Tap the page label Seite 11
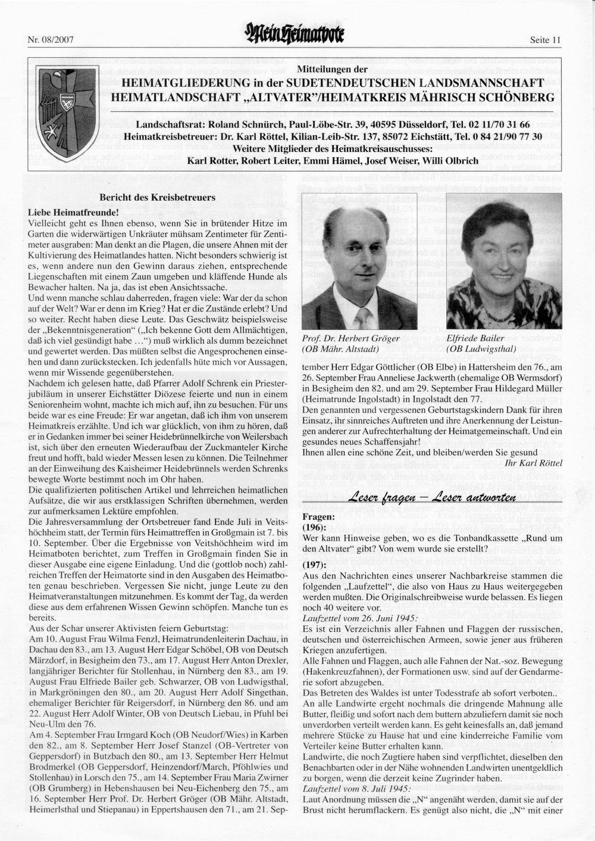[545, 41]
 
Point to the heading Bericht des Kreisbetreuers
[158, 197]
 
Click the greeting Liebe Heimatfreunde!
[74, 212]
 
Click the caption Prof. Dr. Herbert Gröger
[351, 338]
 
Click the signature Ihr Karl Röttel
[533, 462]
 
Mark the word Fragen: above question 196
[318, 517]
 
